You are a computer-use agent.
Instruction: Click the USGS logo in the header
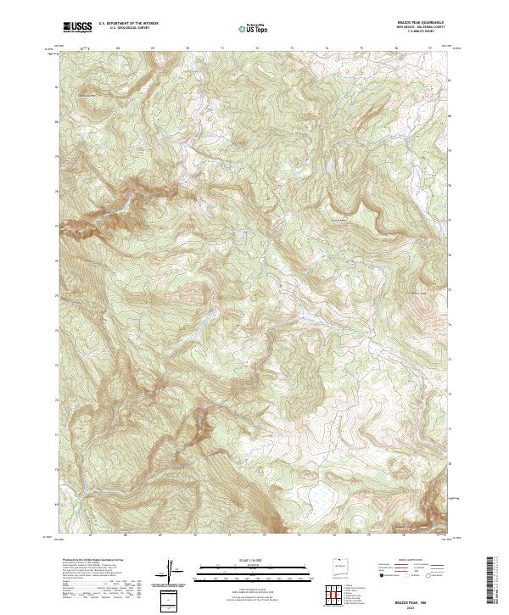point(77,27)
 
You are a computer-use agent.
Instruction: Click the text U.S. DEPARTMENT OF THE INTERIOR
point(128,24)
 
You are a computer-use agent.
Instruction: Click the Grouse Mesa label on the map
point(339,221)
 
